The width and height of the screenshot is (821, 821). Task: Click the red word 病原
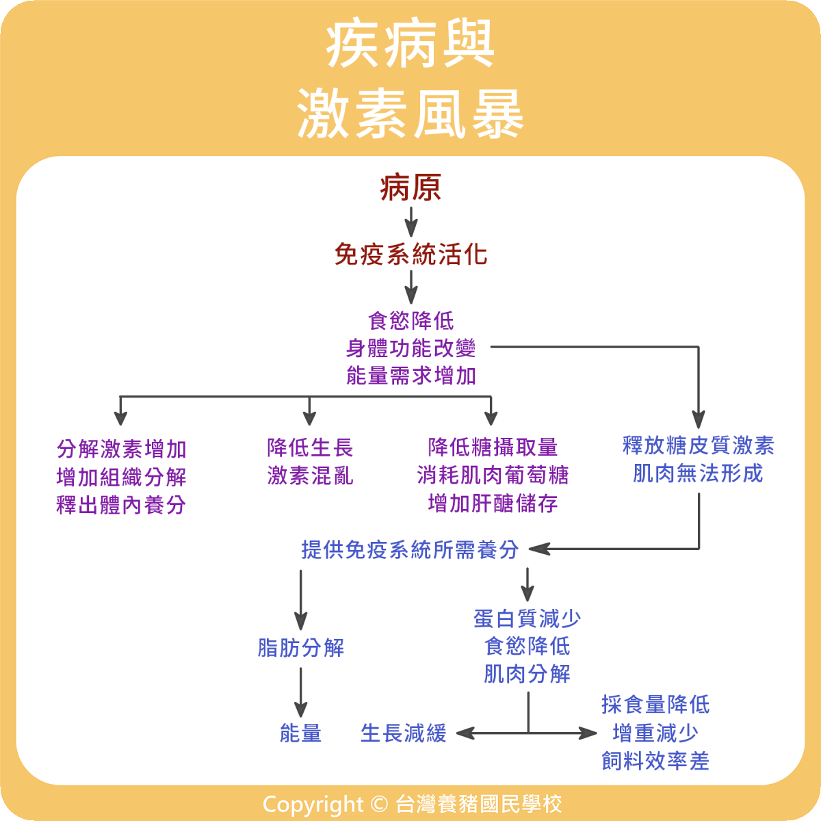pos(410,188)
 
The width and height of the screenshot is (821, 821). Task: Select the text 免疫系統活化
pos(410,255)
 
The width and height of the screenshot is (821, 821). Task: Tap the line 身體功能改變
pos(410,348)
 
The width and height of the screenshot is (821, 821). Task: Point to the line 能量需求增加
pos(410,376)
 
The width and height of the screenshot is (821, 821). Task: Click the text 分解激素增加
pos(121,449)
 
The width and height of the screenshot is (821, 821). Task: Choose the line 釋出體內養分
pos(121,505)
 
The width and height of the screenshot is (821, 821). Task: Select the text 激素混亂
pos(310,475)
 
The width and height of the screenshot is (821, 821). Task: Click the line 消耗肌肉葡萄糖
pos(493,475)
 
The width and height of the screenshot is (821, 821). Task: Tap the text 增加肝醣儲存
pos(493,504)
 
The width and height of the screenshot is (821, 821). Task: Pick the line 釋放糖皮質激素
pos(698,446)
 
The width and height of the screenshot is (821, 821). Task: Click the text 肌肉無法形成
pos(698,473)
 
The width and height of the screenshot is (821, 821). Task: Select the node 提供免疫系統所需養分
pos(410,549)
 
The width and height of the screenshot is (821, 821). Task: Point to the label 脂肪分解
pos(301,647)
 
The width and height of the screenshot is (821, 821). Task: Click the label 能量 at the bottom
pos(301,733)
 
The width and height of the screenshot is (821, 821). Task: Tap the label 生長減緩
pos(403,733)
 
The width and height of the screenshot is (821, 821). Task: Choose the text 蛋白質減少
pos(527,618)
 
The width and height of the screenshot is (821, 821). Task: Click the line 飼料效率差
pos(655,761)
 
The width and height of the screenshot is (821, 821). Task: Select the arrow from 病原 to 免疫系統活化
pos(410,222)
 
